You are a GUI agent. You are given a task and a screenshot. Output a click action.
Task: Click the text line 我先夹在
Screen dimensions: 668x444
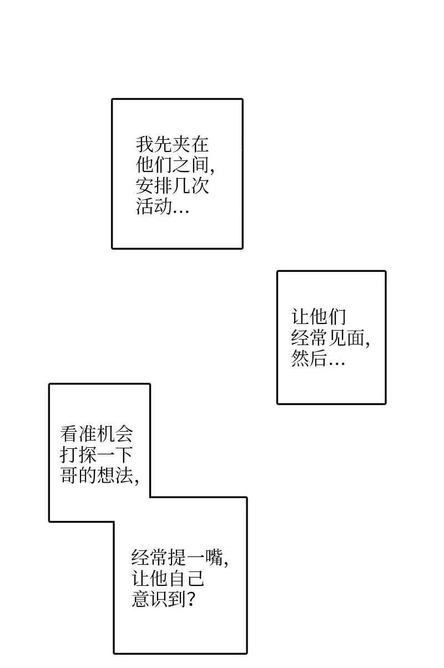pos(173,145)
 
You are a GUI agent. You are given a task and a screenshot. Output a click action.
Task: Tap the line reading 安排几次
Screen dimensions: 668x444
pos(173,186)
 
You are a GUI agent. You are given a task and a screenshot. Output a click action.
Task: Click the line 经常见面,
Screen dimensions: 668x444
pos(331,338)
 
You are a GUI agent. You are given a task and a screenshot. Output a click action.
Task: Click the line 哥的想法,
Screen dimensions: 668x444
pos(99,475)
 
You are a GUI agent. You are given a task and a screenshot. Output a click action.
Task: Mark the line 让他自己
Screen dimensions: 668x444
pos(169,578)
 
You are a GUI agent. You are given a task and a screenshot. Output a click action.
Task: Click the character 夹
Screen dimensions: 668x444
pos(181,145)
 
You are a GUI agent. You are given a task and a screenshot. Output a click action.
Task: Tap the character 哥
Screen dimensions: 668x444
pos(69,475)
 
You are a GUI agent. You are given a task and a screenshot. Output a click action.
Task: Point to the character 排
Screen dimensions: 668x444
pos(163,186)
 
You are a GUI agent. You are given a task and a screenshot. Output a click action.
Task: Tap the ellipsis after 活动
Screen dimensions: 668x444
pos(181,210)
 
